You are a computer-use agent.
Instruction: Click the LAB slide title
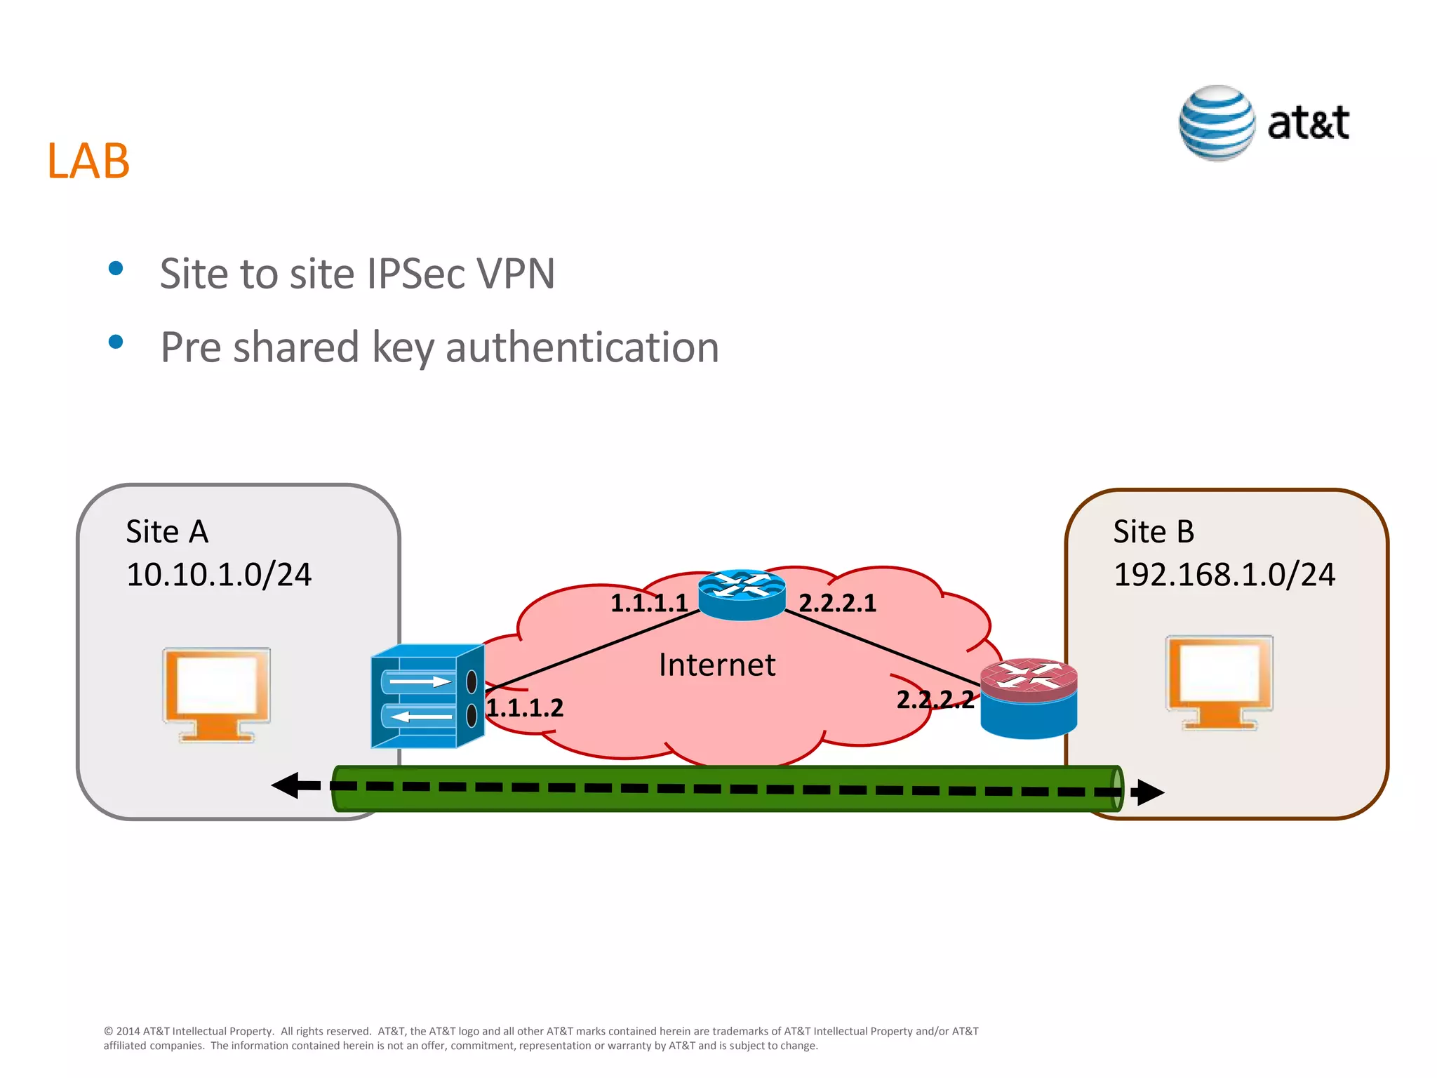click(x=88, y=161)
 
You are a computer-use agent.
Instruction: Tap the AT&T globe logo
click(x=1217, y=124)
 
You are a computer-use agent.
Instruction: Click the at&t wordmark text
click(x=1308, y=124)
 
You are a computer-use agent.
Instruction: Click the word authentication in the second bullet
click(x=582, y=347)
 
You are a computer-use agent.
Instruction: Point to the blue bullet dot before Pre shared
click(x=116, y=342)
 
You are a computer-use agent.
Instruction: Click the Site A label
click(x=167, y=531)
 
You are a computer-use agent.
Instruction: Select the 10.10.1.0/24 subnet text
click(x=219, y=574)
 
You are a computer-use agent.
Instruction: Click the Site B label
click(x=1153, y=531)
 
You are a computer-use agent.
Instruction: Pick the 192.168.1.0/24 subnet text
click(x=1224, y=574)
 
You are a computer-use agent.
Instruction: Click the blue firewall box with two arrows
click(x=427, y=697)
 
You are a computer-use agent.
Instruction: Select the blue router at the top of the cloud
click(x=742, y=594)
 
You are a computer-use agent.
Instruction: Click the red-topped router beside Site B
click(x=1028, y=698)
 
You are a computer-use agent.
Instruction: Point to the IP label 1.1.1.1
click(x=648, y=604)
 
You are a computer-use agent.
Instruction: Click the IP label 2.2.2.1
click(x=837, y=604)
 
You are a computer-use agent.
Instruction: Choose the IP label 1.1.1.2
click(x=525, y=708)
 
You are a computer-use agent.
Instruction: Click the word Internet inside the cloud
click(x=716, y=665)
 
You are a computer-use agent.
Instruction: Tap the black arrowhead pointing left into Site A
click(x=288, y=785)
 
